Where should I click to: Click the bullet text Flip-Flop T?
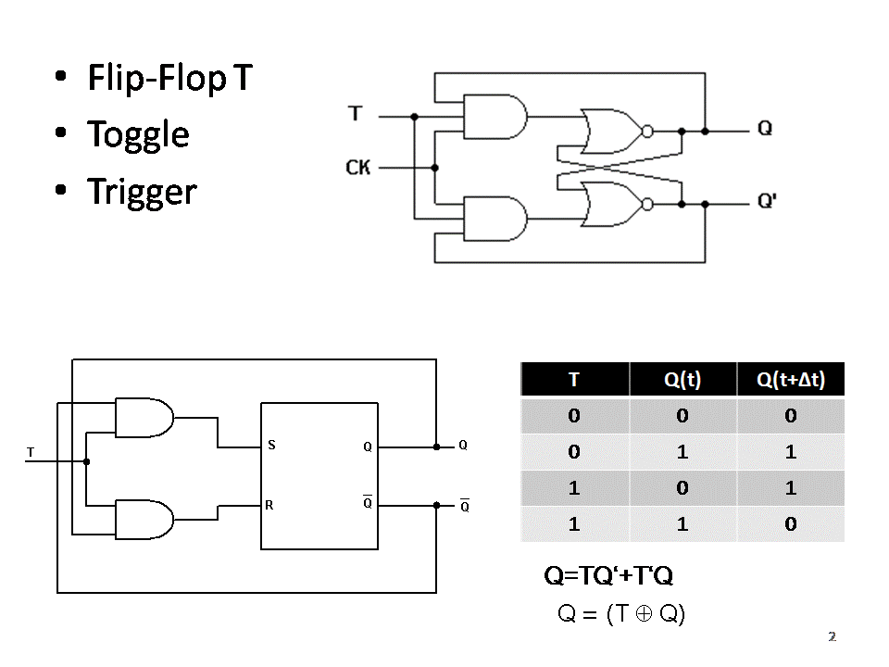pos(169,79)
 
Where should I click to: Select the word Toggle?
pos(138,135)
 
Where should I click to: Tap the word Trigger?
pos(142,192)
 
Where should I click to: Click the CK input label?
pos(358,168)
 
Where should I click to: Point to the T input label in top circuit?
pos(355,114)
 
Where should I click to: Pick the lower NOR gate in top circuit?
pos(611,204)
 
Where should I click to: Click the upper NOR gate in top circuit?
pos(611,131)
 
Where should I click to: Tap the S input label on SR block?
pos(271,446)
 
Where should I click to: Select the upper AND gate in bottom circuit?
pos(144,418)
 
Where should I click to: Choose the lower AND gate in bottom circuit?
pos(144,520)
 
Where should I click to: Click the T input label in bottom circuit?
pos(31,452)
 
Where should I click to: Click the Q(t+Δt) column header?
pos(790,380)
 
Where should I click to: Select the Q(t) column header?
pos(682,380)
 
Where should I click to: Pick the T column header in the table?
pos(574,380)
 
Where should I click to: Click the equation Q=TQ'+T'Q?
pos(608,576)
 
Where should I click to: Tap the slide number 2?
pos(832,636)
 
